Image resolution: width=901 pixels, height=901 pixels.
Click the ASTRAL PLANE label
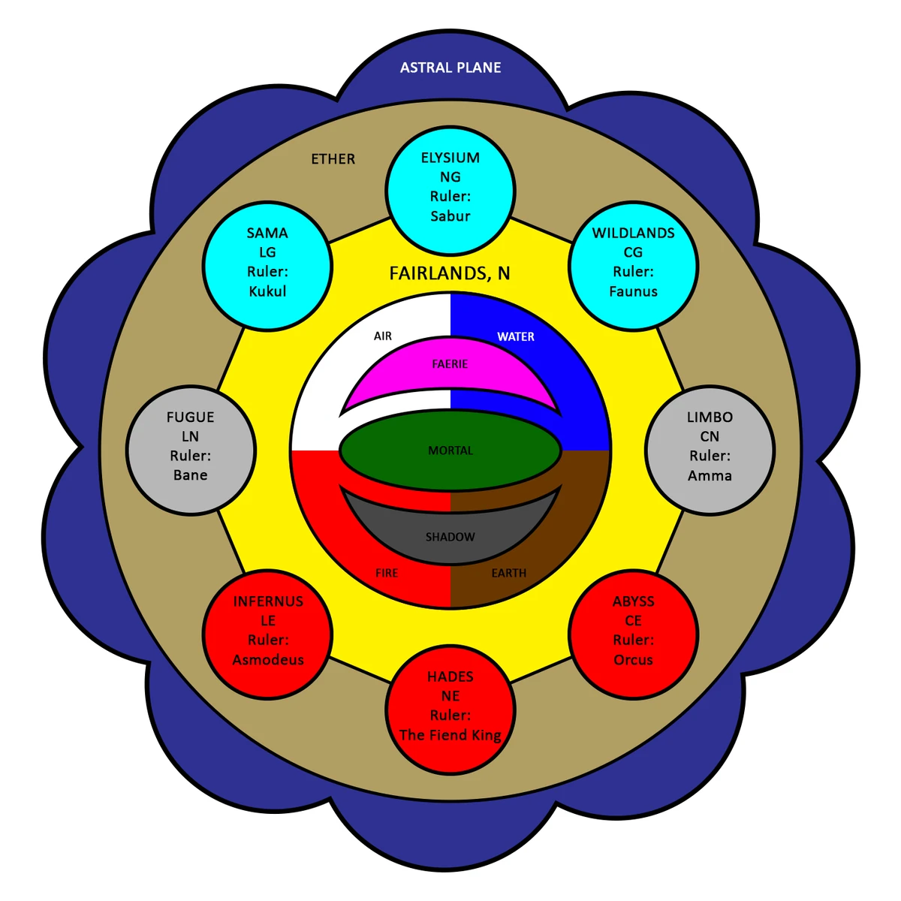coord(450,68)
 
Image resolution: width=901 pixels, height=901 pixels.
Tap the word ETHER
coord(333,159)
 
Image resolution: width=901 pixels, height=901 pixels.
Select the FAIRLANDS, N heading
coord(450,273)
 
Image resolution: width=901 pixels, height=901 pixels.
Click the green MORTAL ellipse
coord(450,450)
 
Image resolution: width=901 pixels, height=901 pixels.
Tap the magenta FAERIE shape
coord(450,368)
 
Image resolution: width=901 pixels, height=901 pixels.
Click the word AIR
coord(383,336)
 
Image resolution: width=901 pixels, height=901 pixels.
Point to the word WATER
coord(516,336)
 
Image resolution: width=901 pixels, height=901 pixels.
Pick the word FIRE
coord(387,573)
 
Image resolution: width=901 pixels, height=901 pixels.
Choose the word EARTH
coord(509,573)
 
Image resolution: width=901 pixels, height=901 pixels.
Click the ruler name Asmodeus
coord(268,660)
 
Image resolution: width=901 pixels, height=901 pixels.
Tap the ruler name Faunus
coord(633,291)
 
